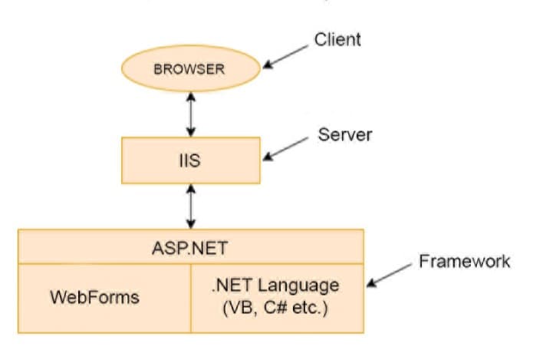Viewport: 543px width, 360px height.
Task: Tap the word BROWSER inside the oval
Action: pos(189,69)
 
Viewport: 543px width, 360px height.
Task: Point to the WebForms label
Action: pos(95,297)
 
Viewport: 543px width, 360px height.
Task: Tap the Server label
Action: pos(344,135)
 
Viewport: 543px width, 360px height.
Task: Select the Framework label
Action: pos(464,262)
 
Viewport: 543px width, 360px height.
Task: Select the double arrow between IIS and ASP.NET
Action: pos(190,206)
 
